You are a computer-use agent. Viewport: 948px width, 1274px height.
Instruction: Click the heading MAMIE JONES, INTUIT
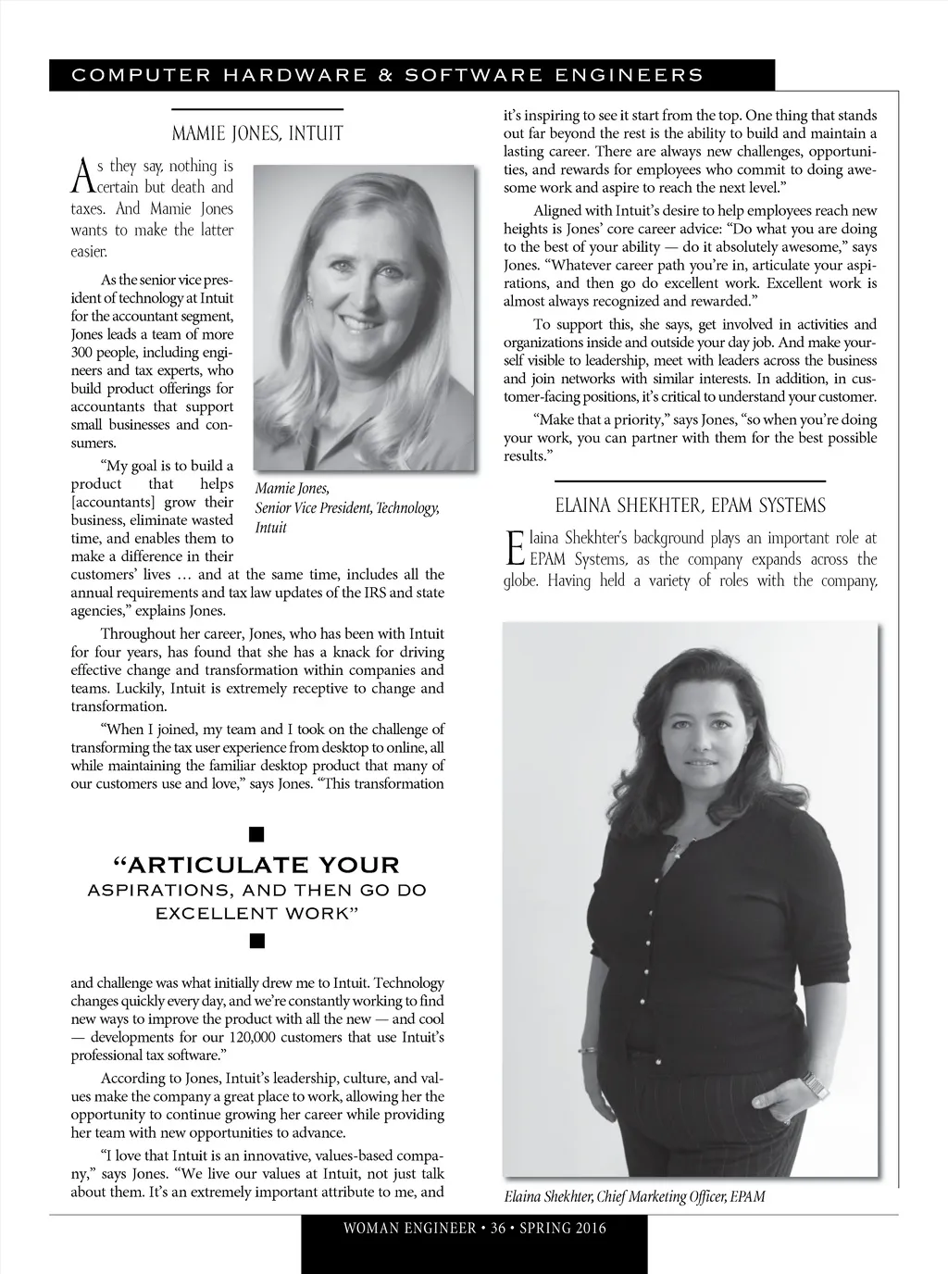click(x=257, y=134)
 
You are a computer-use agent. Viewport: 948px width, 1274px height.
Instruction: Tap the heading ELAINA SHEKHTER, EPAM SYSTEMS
click(x=690, y=506)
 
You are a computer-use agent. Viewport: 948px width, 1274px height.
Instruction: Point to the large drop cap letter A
click(x=81, y=175)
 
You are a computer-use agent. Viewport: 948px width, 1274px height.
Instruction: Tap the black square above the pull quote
click(x=257, y=835)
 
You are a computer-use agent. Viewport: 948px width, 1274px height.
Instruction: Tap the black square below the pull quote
click(x=257, y=943)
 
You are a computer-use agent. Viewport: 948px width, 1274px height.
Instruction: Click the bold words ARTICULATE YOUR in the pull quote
click(x=256, y=866)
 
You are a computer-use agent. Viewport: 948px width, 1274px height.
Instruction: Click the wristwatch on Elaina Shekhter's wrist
click(x=813, y=1084)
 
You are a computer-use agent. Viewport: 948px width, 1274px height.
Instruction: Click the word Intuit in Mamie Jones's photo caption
click(x=270, y=528)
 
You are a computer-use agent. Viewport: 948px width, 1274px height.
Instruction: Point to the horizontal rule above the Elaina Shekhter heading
click(x=690, y=481)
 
